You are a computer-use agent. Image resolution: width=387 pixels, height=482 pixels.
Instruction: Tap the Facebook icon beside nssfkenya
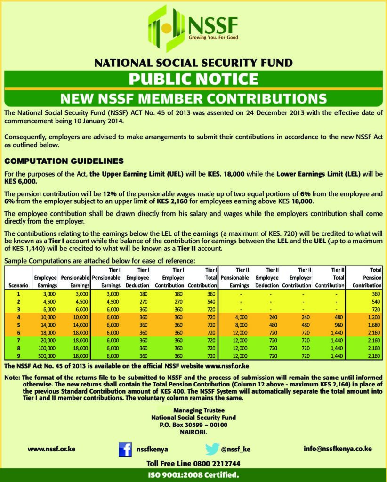pos(125,450)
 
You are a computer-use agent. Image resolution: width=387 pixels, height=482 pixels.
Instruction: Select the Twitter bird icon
pos(212,449)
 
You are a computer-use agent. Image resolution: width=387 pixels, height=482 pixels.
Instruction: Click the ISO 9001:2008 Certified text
pos(193,475)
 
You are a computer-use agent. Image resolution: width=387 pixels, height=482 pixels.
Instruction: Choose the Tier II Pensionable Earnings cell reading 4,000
pos(240,318)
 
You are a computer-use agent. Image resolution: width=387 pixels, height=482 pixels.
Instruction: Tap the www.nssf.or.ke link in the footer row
pos(51,449)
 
